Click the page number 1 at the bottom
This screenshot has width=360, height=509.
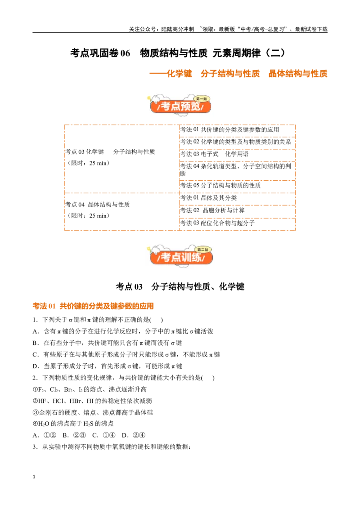coord(34,477)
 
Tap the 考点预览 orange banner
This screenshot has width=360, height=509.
coord(180,104)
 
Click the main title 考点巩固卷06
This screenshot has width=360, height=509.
coord(100,53)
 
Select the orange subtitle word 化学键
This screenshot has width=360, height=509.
coord(180,74)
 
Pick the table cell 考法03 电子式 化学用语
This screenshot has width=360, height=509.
coord(215,154)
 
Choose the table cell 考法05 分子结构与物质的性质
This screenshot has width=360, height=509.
coord(220,185)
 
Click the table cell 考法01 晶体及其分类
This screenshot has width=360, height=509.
coord(209,198)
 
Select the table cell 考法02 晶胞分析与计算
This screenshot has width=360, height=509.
coord(212,210)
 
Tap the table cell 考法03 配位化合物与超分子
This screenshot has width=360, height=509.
coord(217,223)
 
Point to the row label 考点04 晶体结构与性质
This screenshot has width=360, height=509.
coord(98,205)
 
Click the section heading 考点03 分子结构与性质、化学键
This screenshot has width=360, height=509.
coord(180,286)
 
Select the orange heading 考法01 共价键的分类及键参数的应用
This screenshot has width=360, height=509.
coord(93,306)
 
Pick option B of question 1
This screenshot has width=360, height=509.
coord(107,343)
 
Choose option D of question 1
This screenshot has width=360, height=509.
coord(108,366)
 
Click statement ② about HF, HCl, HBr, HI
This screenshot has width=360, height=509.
coord(92,401)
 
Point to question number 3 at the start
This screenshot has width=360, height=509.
coord(36,447)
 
